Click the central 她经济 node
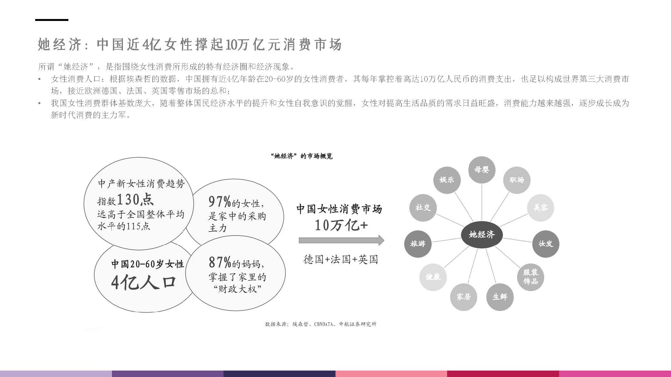[482, 235]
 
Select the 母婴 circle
[482, 170]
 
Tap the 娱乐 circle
[447, 180]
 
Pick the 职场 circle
[516, 180]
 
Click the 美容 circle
[540, 208]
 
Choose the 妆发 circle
[546, 244]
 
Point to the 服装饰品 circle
[530, 277]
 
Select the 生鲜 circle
[500, 297]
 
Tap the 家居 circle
[464, 297]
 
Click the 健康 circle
[433, 277]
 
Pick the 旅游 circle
[418, 244]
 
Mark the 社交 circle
[423, 208]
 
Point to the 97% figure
[220, 202]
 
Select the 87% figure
[220, 263]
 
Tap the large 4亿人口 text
[143, 283]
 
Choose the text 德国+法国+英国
[341, 259]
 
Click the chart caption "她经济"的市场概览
[302, 156]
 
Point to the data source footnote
[321, 324]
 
